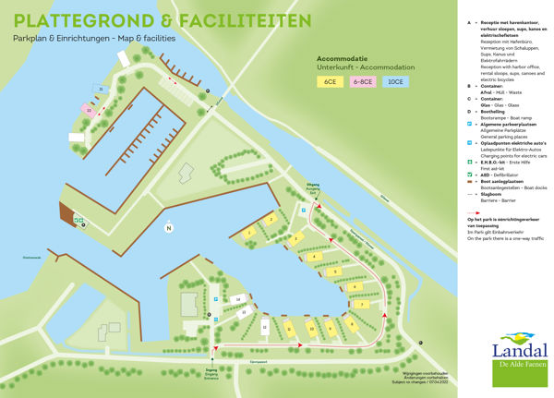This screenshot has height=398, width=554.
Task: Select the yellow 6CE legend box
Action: pos(329,82)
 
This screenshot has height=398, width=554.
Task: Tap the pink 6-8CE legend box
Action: pos(362,82)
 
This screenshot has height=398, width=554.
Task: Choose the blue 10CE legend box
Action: pos(395,82)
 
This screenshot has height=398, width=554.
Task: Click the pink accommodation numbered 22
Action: pos(89,110)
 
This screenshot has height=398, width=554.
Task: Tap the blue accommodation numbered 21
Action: pos(102,90)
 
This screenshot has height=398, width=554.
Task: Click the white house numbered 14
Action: pos(238,300)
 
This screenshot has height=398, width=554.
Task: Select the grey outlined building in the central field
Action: pos(186,171)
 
